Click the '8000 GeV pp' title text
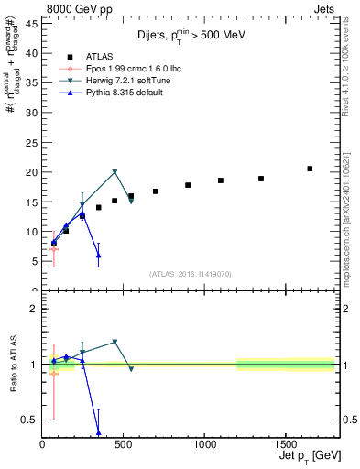click(x=75, y=9)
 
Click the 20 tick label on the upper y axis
click(x=32, y=172)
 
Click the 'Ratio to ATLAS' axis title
click(x=12, y=365)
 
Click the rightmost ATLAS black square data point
click(x=310, y=169)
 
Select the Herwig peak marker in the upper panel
click(x=115, y=172)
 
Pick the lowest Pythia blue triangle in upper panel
click(x=98, y=256)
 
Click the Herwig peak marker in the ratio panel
click(x=115, y=343)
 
